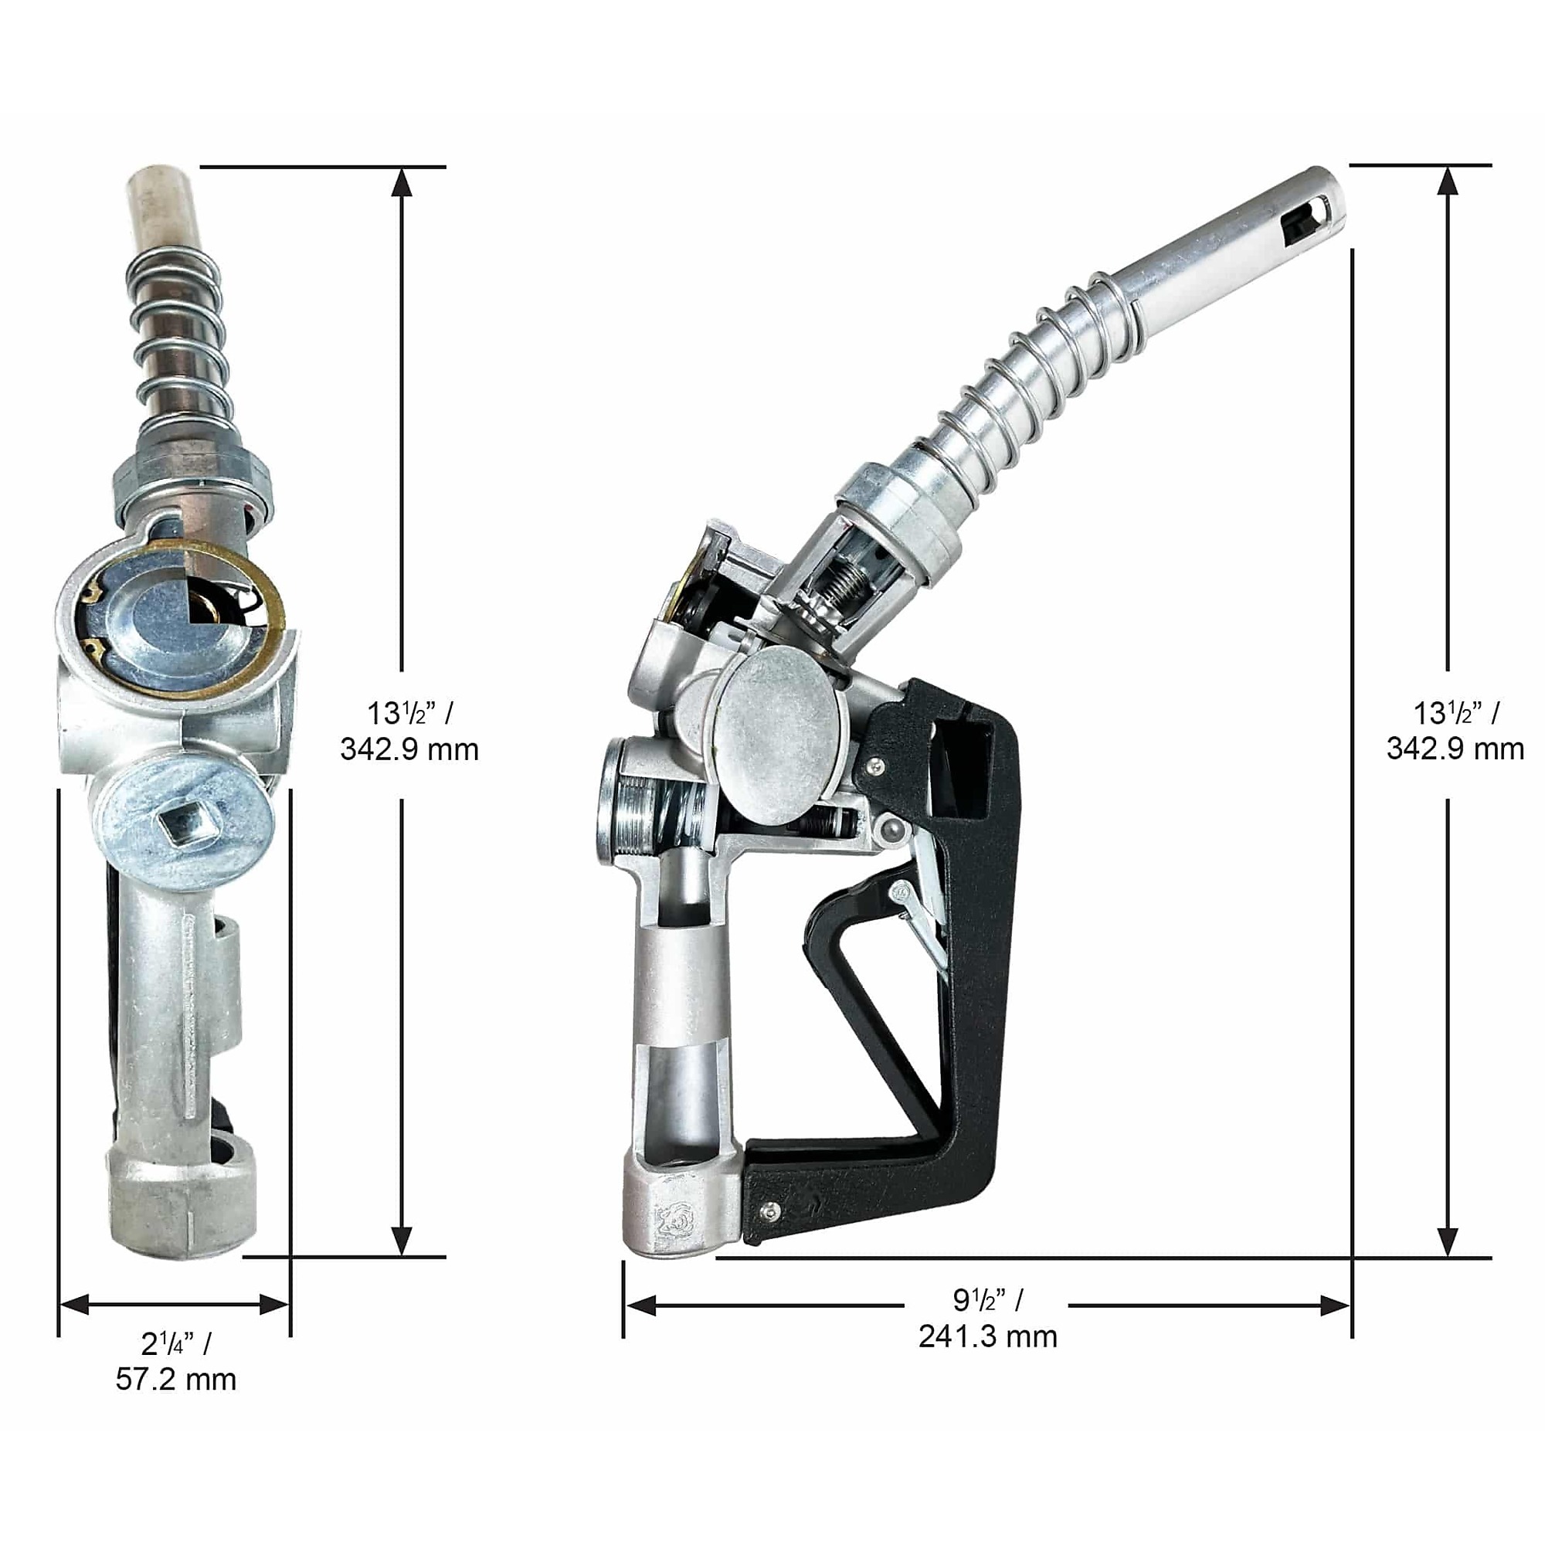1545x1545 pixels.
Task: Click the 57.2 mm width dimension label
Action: tap(176, 1380)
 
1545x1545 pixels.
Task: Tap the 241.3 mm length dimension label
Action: tap(987, 1336)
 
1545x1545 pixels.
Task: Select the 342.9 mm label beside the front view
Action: tap(409, 749)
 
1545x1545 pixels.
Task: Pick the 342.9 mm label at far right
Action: tap(1455, 749)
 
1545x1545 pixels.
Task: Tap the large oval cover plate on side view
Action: tap(777, 735)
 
